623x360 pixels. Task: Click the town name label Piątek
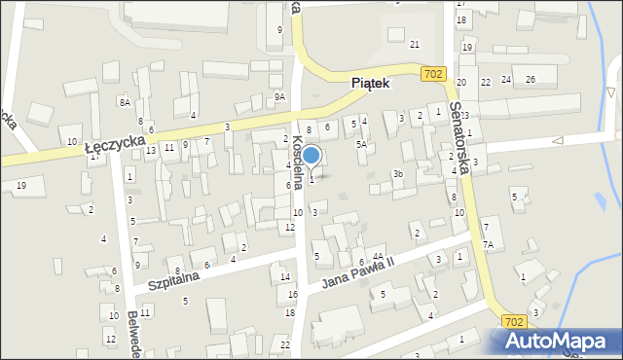tap(370, 85)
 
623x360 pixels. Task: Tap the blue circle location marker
tap(311, 155)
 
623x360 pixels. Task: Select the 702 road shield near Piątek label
tap(434, 74)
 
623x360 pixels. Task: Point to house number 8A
tap(125, 102)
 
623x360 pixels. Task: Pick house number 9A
tap(279, 96)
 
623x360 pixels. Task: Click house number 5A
tap(361, 144)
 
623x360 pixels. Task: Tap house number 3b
tap(397, 173)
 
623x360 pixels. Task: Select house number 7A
tap(489, 245)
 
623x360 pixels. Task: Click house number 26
tap(531, 79)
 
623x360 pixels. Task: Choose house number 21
tap(415, 44)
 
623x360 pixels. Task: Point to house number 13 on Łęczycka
tap(151, 150)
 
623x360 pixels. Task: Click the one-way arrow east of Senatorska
tap(558, 142)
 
